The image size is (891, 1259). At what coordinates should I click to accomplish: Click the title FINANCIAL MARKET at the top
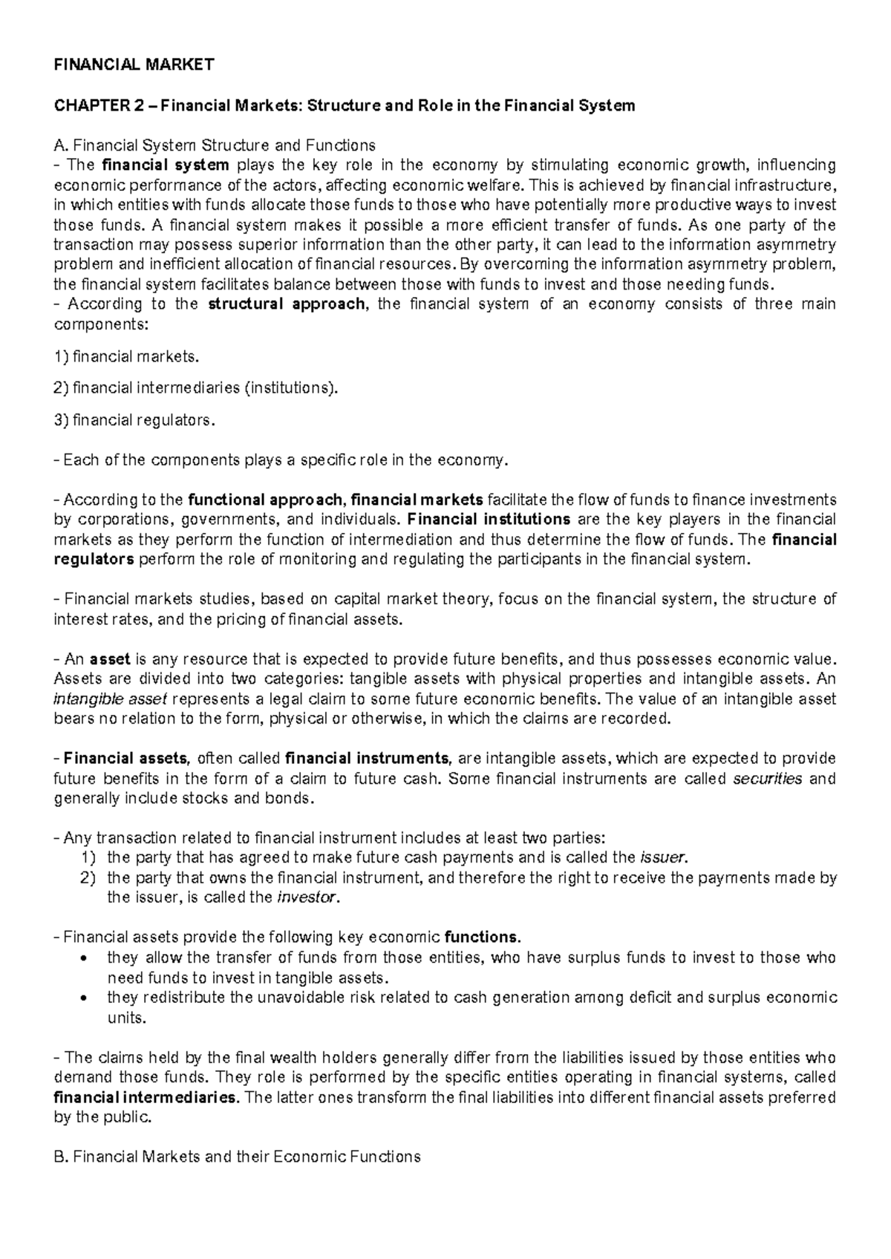pyautogui.click(x=134, y=65)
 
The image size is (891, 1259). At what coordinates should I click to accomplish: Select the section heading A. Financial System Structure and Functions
pyautogui.click(x=215, y=145)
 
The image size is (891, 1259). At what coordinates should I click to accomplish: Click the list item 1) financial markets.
pyautogui.click(x=128, y=357)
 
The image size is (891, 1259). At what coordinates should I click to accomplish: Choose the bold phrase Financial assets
pyautogui.click(x=126, y=759)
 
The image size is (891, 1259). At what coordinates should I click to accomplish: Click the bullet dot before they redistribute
pyautogui.click(x=90, y=998)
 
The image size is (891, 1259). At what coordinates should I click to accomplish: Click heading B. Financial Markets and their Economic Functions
pyautogui.click(x=238, y=1157)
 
